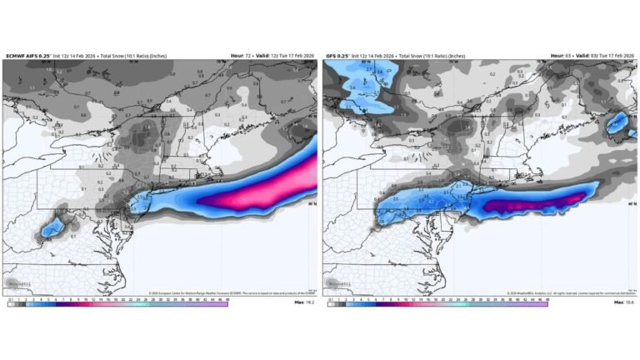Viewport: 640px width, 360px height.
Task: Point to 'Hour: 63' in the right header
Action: coord(560,56)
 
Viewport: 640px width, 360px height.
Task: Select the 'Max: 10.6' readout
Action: coord(624,302)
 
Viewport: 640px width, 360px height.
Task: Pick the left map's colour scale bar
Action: coord(117,302)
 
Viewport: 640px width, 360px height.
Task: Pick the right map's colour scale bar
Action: coord(437,302)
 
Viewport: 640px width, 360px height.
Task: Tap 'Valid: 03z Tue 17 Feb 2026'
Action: coord(604,56)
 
